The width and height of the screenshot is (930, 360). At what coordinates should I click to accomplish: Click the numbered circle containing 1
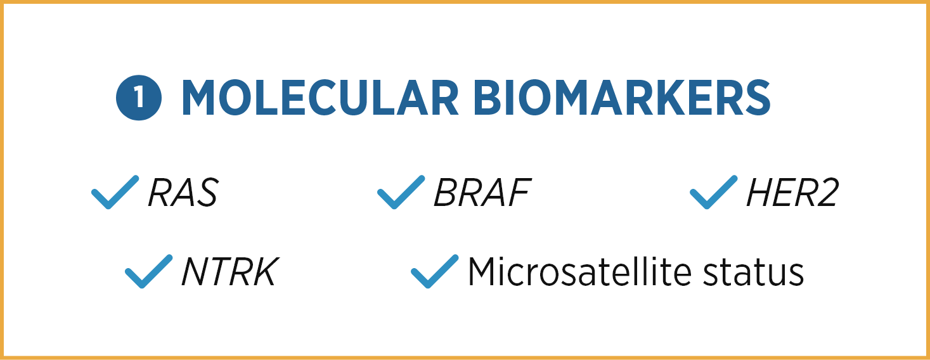[139, 98]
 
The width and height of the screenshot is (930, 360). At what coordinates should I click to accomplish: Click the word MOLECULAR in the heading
[320, 98]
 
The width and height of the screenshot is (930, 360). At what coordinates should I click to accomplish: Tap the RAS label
[183, 192]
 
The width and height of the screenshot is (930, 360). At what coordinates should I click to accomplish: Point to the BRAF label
[482, 192]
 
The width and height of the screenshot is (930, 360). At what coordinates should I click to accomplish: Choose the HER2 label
[792, 192]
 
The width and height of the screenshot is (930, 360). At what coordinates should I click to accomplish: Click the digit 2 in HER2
[827, 192]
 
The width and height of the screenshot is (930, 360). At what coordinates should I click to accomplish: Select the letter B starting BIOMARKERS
[489, 98]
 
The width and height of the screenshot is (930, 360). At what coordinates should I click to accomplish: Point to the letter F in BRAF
[519, 192]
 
